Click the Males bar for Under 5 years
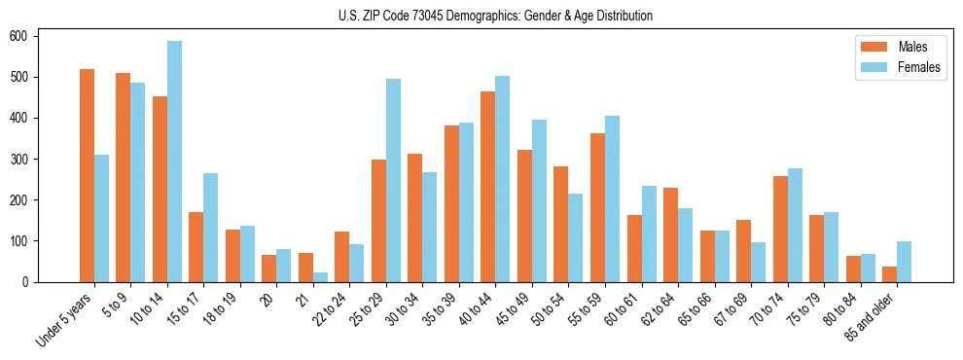87,175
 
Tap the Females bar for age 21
320,277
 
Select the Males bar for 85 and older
889,274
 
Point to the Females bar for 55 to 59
612,198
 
